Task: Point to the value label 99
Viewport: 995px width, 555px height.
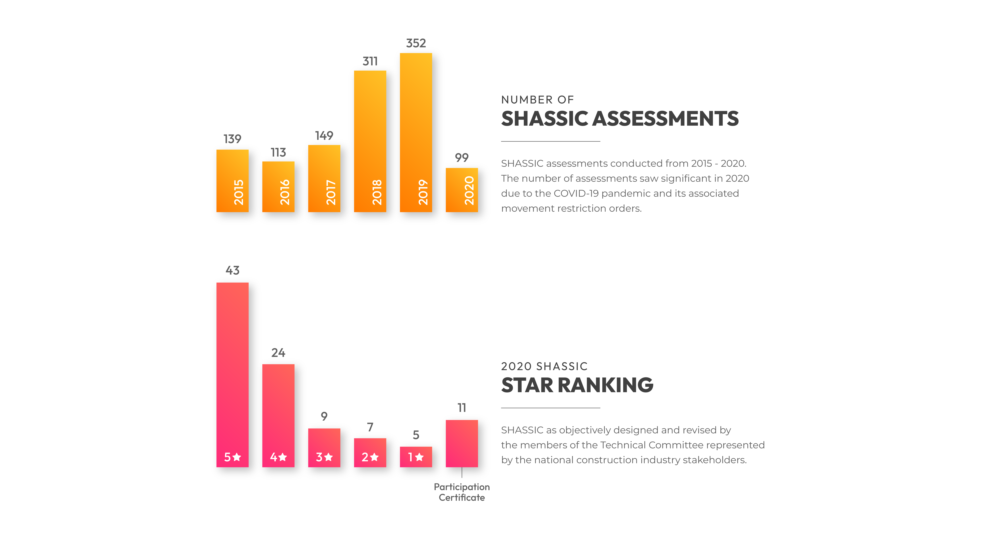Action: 462,158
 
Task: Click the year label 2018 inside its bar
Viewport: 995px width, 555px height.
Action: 377,192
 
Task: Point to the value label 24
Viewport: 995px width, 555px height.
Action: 278,353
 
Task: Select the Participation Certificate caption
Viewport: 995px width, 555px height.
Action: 462,492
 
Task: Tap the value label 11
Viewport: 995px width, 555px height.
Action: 462,408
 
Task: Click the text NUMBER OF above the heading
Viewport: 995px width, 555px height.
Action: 537,100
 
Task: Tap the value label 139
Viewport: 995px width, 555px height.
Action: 232,139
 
